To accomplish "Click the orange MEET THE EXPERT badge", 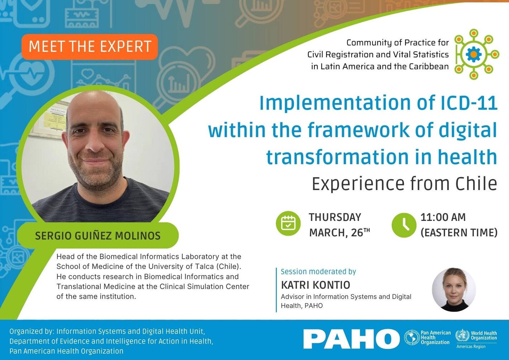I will tap(90, 47).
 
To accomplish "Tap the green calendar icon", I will tap(288, 223).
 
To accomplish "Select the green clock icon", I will tap(404, 225).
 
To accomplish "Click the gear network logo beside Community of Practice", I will tap(474, 54).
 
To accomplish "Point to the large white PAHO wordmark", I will tap(351, 339).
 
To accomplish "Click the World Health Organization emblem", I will tap(462, 336).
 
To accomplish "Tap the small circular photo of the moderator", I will tap(454, 289).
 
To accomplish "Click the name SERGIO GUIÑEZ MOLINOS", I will tap(98, 236).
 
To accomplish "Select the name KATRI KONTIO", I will tap(315, 285).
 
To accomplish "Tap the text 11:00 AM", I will tap(443, 217).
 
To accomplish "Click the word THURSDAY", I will tap(335, 217).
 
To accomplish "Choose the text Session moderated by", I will tap(318, 271).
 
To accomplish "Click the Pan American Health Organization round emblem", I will tap(412, 337).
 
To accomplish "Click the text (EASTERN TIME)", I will tap(459, 233).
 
